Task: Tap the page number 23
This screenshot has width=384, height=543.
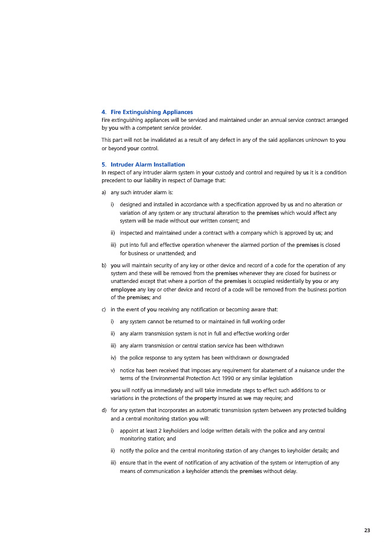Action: click(367, 530)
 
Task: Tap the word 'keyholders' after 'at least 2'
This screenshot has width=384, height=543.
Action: click(173, 431)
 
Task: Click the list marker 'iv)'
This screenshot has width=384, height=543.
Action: click(114, 357)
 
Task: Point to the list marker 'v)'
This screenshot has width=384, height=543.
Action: click(113, 370)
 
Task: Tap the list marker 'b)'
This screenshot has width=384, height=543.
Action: click(104, 265)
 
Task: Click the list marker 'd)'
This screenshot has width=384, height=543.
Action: click(104, 410)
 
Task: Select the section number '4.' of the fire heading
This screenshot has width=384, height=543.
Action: click(104, 112)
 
